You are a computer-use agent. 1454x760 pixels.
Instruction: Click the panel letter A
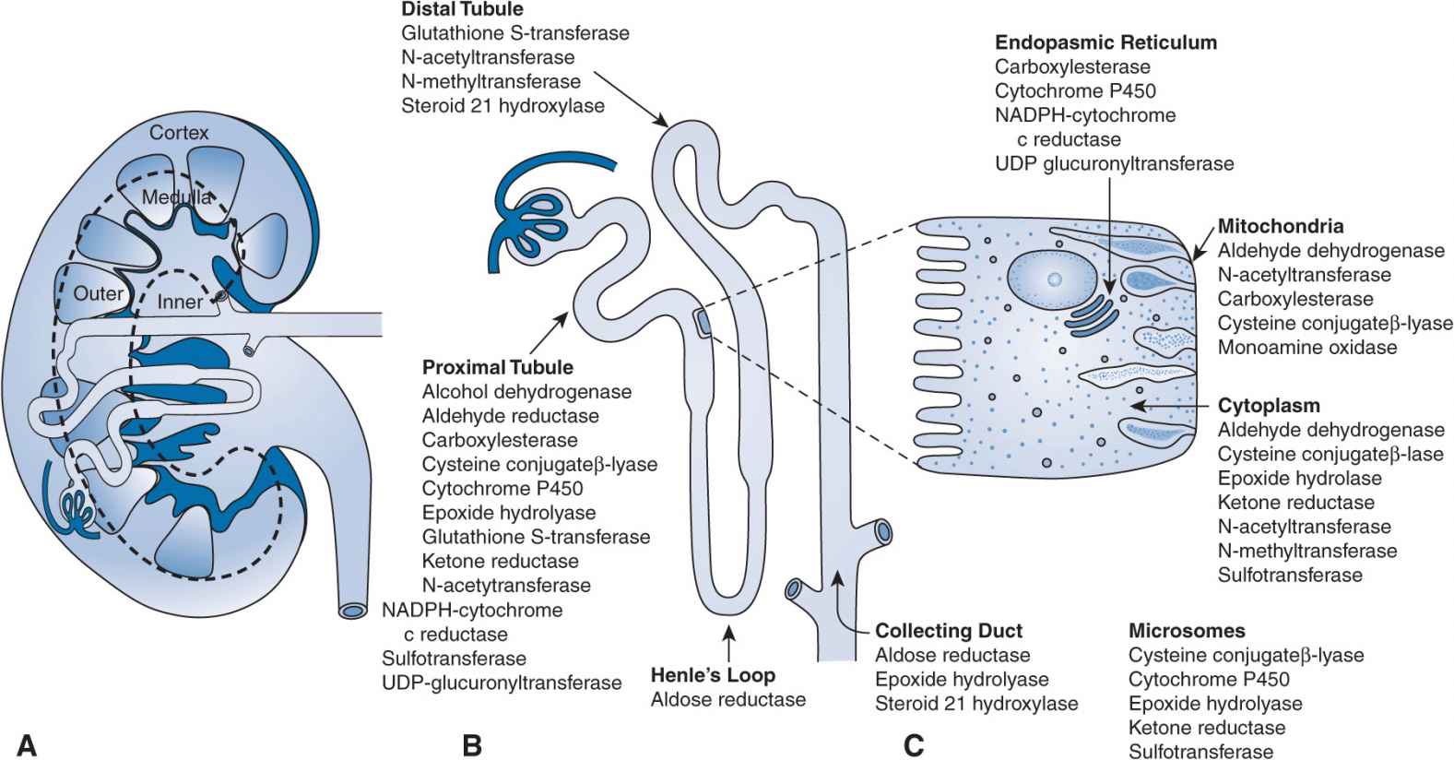tap(27, 744)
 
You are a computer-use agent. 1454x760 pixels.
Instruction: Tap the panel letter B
tap(471, 744)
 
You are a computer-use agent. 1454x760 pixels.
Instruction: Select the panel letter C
tap(913, 744)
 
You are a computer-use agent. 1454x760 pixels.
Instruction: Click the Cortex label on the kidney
tap(179, 133)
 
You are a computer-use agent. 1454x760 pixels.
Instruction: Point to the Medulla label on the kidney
tap(176, 196)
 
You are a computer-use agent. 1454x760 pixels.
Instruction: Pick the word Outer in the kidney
tap(99, 293)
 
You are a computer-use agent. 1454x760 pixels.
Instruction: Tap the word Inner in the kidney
tap(180, 302)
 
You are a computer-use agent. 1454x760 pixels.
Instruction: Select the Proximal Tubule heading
tap(498, 367)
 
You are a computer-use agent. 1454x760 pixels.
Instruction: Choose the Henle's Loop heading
tap(713, 675)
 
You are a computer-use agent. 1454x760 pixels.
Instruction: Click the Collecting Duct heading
tap(949, 631)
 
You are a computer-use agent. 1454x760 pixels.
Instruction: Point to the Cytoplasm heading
tap(1269, 406)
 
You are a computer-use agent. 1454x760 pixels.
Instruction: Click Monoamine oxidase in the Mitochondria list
tap(1307, 348)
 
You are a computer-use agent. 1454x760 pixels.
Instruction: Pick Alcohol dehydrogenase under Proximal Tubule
tap(526, 392)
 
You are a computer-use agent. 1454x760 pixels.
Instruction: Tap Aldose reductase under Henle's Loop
tap(728, 700)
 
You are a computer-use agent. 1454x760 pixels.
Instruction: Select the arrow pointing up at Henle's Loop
tap(730, 642)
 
